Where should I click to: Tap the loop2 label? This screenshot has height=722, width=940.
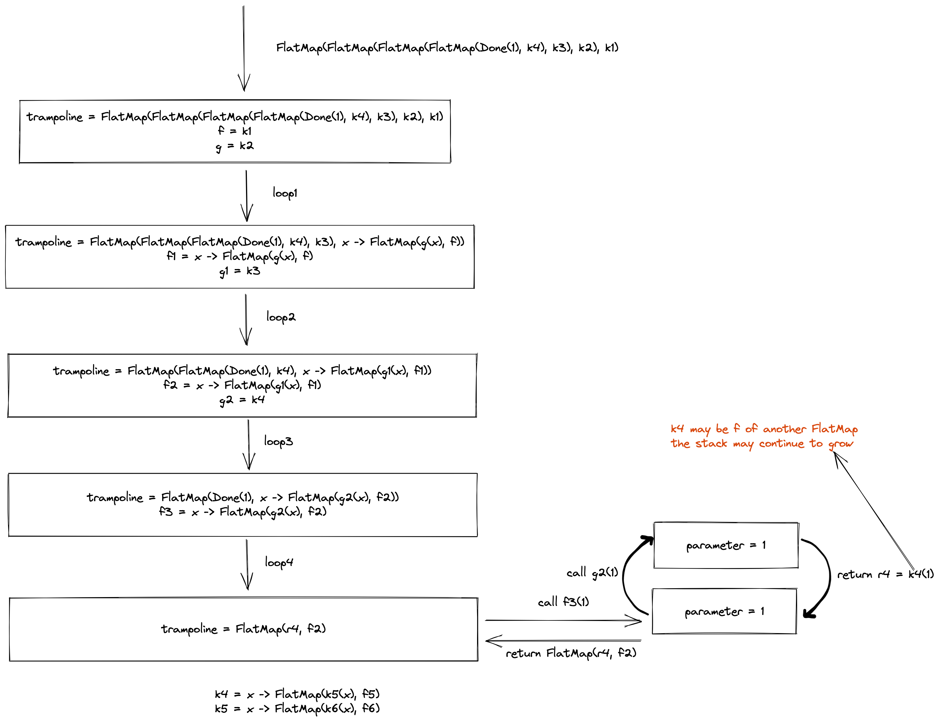click(281, 317)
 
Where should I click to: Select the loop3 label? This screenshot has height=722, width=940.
click(278, 441)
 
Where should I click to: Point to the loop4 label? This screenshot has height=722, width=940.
click(279, 562)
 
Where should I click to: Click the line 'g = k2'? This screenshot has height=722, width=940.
click(235, 146)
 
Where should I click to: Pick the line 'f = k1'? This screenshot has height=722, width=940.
click(234, 131)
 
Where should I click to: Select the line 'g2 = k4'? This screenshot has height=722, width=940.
click(242, 400)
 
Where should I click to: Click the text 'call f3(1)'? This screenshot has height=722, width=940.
click(563, 602)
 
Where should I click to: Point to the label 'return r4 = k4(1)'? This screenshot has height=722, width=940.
click(885, 574)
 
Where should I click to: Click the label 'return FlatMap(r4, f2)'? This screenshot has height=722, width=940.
click(571, 653)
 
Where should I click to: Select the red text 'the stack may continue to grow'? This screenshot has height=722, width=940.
click(761, 443)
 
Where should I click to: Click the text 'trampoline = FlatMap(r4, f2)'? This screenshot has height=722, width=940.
click(243, 629)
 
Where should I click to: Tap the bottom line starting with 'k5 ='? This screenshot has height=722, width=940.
click(297, 708)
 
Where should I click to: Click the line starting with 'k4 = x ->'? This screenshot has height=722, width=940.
click(297, 694)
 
